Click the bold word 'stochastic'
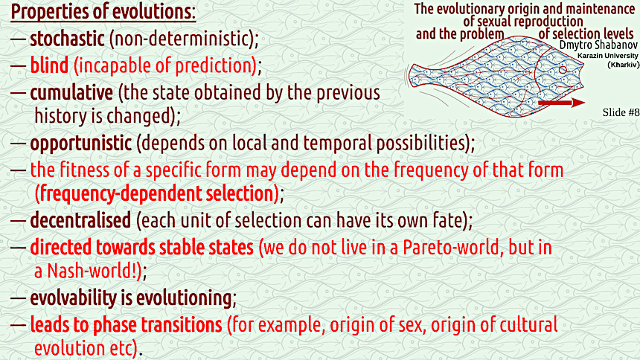click(x=67, y=39)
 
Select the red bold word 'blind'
click(x=49, y=65)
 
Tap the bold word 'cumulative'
click(x=71, y=92)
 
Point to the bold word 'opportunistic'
click(x=81, y=144)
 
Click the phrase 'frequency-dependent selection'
click(x=156, y=193)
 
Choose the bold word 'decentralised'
click(x=80, y=220)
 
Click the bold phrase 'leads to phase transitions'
click(x=126, y=325)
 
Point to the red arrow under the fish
click(x=562, y=103)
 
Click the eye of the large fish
click(x=563, y=70)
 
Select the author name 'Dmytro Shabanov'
click(x=598, y=45)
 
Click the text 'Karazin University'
click(x=608, y=56)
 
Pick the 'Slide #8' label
click(x=621, y=112)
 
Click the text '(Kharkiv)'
click(x=623, y=65)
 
